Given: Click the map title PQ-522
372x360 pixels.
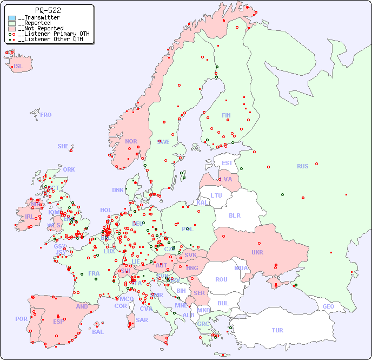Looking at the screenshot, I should [x=48, y=10].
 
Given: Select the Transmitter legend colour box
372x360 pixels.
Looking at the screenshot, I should [x=12, y=18].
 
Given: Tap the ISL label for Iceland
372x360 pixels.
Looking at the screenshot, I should [x=18, y=67].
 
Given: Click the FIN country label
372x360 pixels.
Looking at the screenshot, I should [x=226, y=115].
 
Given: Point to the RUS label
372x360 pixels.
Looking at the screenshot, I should [x=302, y=166].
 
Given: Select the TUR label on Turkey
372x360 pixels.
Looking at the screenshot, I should [x=277, y=330].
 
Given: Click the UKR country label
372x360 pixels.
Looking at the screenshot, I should [x=257, y=252].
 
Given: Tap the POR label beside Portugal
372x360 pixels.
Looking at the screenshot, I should [x=21, y=319].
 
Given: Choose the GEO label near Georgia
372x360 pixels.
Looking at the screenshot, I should [x=328, y=306].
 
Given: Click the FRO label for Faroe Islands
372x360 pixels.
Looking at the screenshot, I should [x=46, y=115].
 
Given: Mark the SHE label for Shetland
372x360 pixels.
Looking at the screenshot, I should [x=63, y=146].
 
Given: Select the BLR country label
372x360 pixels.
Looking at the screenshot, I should [x=234, y=215].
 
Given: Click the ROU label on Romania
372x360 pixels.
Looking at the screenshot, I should [x=221, y=279].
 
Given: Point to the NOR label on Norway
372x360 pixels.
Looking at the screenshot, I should [x=131, y=141].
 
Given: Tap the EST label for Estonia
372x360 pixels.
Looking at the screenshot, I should [x=227, y=163].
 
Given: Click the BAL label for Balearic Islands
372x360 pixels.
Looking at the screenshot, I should [x=98, y=332].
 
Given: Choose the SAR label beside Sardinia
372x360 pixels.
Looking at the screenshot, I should [x=142, y=320].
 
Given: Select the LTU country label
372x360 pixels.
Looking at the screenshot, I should [x=216, y=195].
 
